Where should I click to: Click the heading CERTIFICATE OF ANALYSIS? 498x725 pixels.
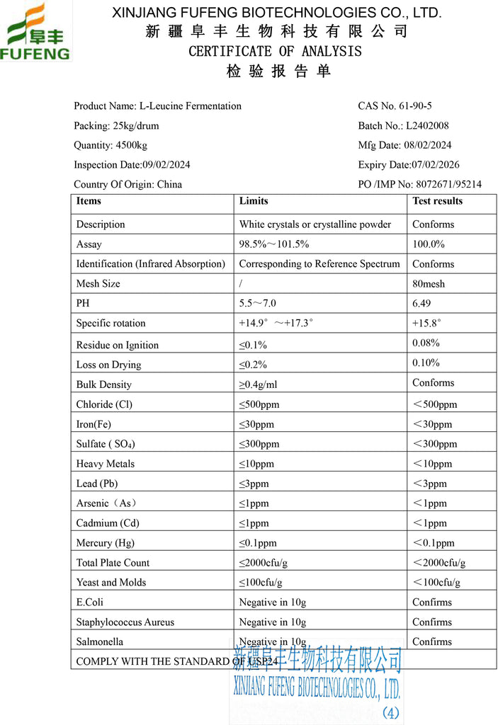pos(275,51)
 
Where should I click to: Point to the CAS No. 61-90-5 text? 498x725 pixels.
pos(395,105)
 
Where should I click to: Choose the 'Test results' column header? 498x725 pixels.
pos(437,201)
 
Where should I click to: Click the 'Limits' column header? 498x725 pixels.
pos(253,201)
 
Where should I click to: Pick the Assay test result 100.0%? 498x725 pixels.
pos(428,244)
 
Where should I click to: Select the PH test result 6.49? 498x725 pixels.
pos(424,304)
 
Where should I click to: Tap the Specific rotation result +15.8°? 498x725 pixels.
pos(426,324)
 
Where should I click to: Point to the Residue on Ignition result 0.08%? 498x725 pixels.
pos(426,343)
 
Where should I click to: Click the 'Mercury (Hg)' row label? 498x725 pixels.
pos(106,543)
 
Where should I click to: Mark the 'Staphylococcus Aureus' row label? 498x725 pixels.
pos(125,622)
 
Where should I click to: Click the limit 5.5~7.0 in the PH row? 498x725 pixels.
pos(258,304)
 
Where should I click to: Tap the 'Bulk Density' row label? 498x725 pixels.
pos(103,384)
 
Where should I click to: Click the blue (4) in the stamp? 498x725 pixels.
pos(391,712)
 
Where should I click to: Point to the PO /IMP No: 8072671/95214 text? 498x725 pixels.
pos(419,184)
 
